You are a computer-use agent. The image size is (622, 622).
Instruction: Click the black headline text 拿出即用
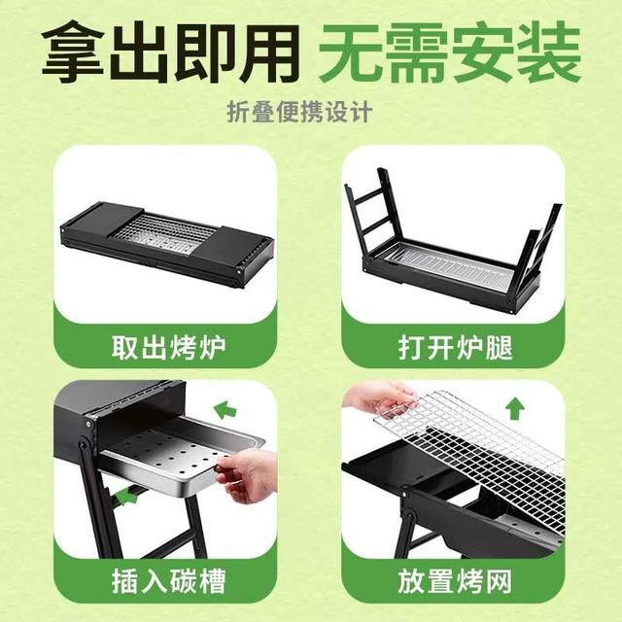click(171, 52)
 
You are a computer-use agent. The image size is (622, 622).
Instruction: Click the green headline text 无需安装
click(450, 52)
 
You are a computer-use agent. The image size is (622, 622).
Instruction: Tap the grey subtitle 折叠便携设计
click(300, 113)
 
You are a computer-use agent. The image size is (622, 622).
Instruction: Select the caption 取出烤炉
click(168, 348)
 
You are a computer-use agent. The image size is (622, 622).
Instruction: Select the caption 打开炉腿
click(456, 348)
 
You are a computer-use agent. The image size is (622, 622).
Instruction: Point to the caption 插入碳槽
click(168, 581)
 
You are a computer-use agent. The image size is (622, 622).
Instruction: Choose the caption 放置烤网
click(456, 581)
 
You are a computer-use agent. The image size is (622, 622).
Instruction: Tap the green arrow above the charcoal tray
click(225, 410)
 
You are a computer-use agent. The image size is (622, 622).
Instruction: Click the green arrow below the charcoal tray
click(126, 496)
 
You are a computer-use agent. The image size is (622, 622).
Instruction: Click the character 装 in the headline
click(551, 52)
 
